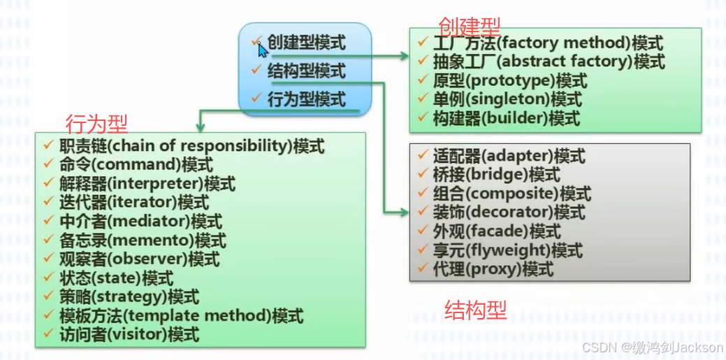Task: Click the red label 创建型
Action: [469, 27]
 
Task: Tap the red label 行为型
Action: [96, 124]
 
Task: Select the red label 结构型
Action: [475, 310]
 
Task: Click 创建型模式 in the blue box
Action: [306, 43]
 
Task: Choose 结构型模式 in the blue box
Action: [306, 71]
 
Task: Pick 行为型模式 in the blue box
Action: [306, 99]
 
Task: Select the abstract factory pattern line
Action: [542, 62]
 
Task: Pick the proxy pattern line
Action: [493, 268]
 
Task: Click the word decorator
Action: [520, 212]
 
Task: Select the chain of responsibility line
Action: [192, 146]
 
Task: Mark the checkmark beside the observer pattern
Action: [48, 259]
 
